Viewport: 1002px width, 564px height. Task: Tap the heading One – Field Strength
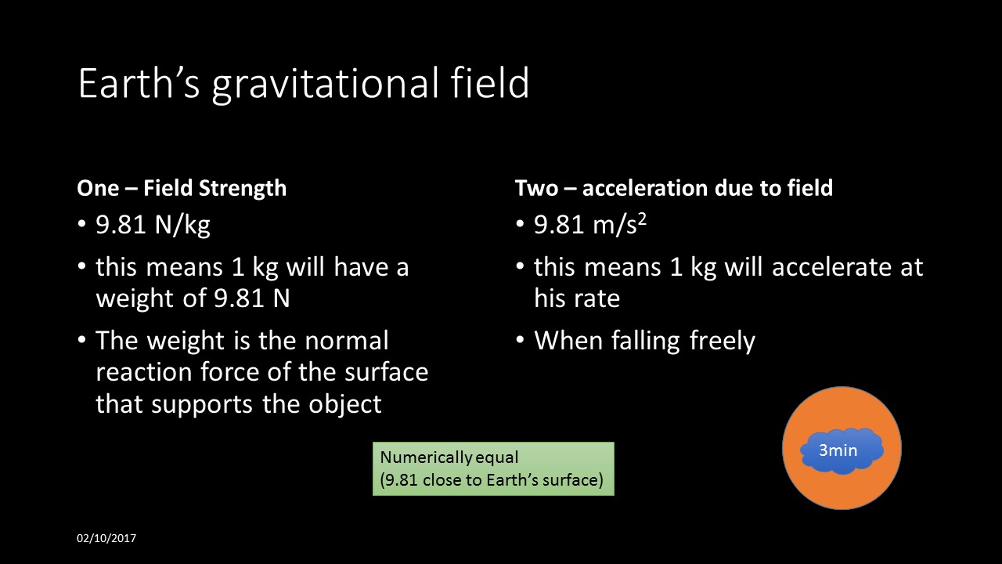click(x=182, y=188)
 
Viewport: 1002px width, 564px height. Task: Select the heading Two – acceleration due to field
click(x=673, y=188)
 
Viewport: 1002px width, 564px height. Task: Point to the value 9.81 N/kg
click(x=153, y=226)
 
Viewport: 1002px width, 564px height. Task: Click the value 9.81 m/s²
click(x=589, y=226)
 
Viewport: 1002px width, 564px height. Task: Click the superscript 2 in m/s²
click(x=641, y=220)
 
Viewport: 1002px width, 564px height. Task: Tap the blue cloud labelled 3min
click(x=842, y=450)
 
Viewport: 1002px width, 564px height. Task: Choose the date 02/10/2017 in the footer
click(x=106, y=538)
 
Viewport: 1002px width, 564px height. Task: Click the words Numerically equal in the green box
click(x=449, y=457)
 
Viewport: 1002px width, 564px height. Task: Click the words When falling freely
click(x=644, y=341)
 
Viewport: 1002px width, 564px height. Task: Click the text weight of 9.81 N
click(x=193, y=298)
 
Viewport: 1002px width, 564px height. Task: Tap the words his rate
click(x=577, y=298)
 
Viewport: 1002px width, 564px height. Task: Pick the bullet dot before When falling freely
click(x=521, y=342)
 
